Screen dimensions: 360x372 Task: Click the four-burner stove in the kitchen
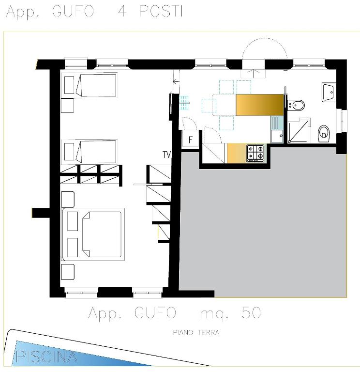pyautogui.click(x=255, y=153)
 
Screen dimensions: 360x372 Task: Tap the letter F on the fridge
pyautogui.click(x=191, y=139)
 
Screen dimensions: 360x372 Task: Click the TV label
pyautogui.click(x=167, y=155)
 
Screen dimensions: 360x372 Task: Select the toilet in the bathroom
pyautogui.click(x=324, y=134)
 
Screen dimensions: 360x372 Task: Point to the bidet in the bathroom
pyautogui.click(x=296, y=105)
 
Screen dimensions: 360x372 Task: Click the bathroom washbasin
pyautogui.click(x=329, y=93)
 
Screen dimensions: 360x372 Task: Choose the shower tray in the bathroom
pyautogui.click(x=299, y=130)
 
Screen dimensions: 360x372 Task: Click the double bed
pyautogui.click(x=93, y=234)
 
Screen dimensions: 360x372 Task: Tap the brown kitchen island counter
pyautogui.click(x=259, y=105)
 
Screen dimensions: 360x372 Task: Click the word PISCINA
pyautogui.click(x=46, y=356)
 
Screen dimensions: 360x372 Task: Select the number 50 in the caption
pyautogui.click(x=251, y=313)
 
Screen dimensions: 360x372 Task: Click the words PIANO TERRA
pyautogui.click(x=196, y=332)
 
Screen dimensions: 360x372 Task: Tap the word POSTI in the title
pyautogui.click(x=161, y=11)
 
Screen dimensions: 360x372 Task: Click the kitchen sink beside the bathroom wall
pyautogui.click(x=277, y=129)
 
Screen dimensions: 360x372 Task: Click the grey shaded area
pyautogui.click(x=261, y=225)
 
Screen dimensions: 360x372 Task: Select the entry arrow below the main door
pyautogui.click(x=254, y=74)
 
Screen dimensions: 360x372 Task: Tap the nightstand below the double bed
pyautogui.click(x=68, y=272)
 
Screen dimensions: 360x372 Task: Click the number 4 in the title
pyautogui.click(x=122, y=11)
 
